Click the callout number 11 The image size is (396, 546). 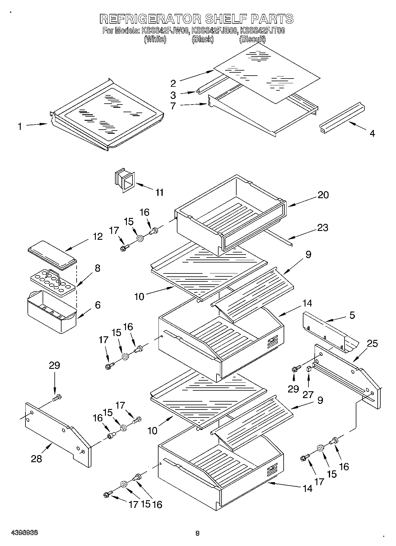[x=159, y=193]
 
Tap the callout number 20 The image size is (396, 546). [x=323, y=195]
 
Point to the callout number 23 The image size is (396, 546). [x=322, y=228]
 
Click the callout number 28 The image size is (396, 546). [x=36, y=459]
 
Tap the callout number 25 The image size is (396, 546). [x=372, y=344]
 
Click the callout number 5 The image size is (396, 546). [x=352, y=315]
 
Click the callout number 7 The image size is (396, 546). [x=173, y=106]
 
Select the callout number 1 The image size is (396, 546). [x=20, y=127]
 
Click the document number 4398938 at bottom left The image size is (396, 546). [x=24, y=533]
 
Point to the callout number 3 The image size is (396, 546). [x=173, y=95]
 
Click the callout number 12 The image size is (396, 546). [x=98, y=237]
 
